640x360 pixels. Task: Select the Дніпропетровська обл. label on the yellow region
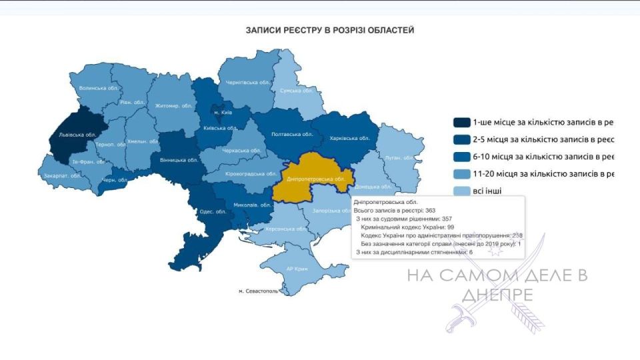click(x=315, y=180)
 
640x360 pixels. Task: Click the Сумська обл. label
click(x=296, y=91)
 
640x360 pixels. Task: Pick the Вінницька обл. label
click(x=179, y=160)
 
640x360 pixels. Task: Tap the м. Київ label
click(x=222, y=112)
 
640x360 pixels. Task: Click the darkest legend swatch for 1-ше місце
click(x=461, y=122)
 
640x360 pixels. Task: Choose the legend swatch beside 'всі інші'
click(x=461, y=191)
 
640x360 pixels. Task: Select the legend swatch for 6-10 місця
click(x=461, y=157)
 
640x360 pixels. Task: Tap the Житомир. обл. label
click(x=173, y=106)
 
